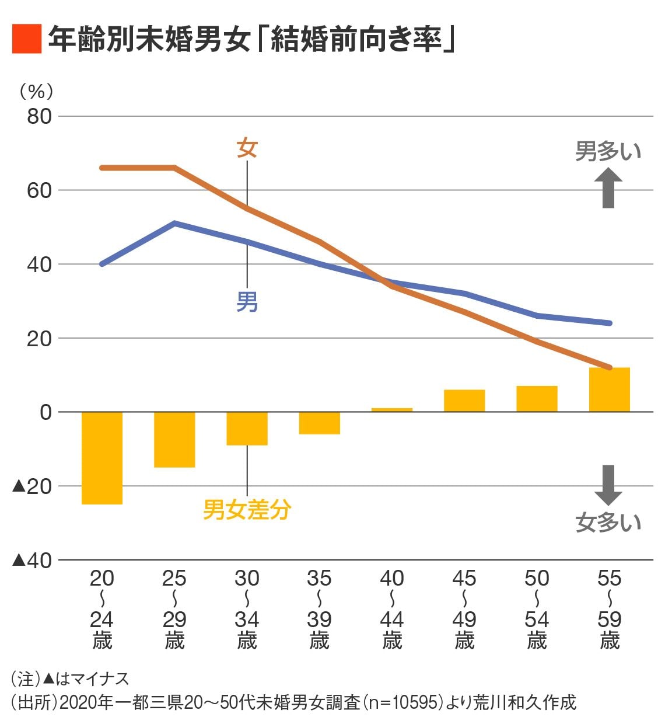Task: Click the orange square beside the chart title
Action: coord(26,39)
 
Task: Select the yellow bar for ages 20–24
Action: coord(102,458)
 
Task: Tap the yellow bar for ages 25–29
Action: coord(174,439)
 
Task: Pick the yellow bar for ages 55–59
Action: coord(609,389)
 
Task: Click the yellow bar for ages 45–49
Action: coord(464,401)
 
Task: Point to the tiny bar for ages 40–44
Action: coord(392,410)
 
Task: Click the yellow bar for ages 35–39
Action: coord(320,423)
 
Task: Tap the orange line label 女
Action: coord(247,148)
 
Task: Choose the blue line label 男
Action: coord(247,302)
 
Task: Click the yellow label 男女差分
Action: coord(247,510)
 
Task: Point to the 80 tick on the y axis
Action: coord(39,116)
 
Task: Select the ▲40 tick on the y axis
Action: coord(33,560)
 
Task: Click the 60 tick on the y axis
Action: coord(39,190)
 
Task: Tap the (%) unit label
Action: coord(36,91)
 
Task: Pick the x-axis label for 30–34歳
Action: coord(247,608)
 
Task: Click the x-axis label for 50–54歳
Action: coord(537,608)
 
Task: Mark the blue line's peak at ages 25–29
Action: coord(174,223)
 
